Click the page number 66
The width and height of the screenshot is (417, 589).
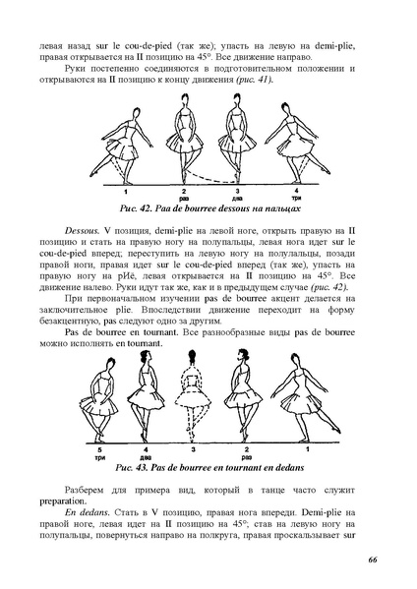373,560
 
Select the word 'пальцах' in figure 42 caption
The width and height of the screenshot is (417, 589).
272,209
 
